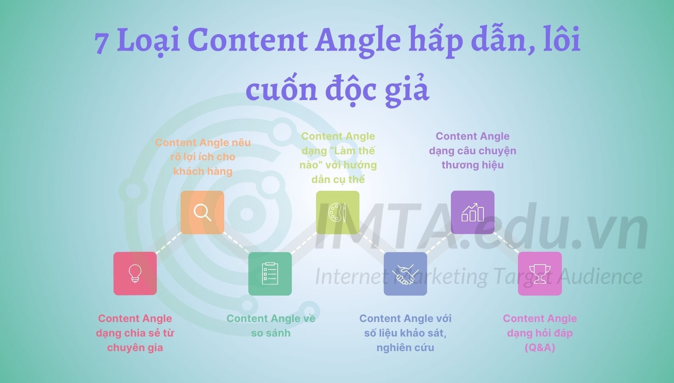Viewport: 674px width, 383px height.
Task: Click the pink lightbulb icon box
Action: (135, 273)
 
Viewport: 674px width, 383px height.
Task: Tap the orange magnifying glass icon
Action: (202, 212)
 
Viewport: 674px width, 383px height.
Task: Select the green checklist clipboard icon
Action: (270, 273)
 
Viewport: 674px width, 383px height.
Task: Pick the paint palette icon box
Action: (337, 212)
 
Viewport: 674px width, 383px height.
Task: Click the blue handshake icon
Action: (405, 273)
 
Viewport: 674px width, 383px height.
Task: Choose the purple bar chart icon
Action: (473, 212)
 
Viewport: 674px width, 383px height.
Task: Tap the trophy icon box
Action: (540, 273)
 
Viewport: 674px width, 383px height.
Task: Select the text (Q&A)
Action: (540, 348)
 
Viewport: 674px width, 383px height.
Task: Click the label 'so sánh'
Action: (271, 333)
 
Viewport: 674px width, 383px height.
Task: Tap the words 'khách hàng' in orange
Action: (203, 171)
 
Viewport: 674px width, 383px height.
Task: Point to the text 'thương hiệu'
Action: (473, 165)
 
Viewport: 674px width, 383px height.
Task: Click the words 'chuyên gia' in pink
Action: (135, 348)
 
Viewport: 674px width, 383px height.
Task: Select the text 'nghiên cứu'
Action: (405, 348)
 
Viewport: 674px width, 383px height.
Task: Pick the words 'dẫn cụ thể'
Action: (338, 179)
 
